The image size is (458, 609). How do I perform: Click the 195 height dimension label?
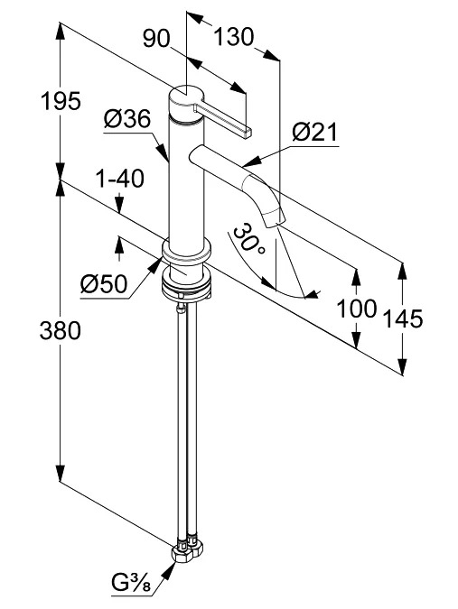[61, 101]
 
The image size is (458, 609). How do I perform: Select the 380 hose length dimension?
[61, 331]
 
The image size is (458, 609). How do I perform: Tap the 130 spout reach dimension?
[234, 38]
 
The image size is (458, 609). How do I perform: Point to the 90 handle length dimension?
[156, 39]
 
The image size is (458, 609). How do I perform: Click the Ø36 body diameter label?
[127, 118]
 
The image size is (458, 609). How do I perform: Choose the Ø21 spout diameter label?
[315, 133]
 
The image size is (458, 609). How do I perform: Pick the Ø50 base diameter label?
[104, 283]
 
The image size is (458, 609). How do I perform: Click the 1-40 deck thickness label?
[120, 179]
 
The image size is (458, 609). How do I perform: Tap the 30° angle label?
[249, 238]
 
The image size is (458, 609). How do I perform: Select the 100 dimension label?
[357, 309]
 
